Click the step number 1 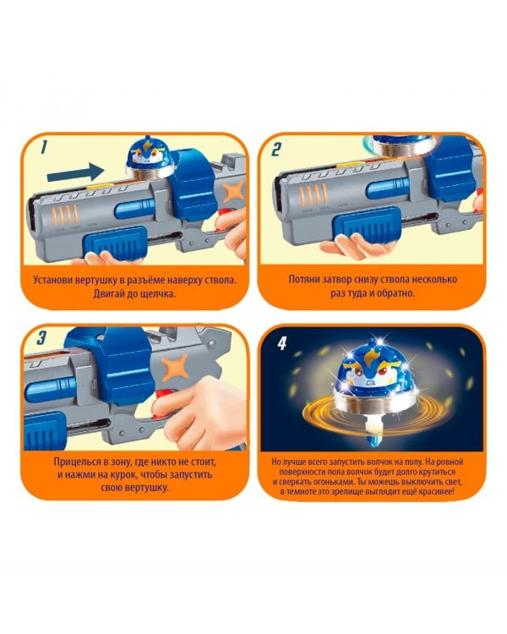(44, 147)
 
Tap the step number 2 (276, 149)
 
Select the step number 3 (41, 338)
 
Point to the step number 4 (281, 344)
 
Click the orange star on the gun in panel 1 (234, 192)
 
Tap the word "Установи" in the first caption (54, 280)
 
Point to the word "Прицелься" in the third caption (76, 462)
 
